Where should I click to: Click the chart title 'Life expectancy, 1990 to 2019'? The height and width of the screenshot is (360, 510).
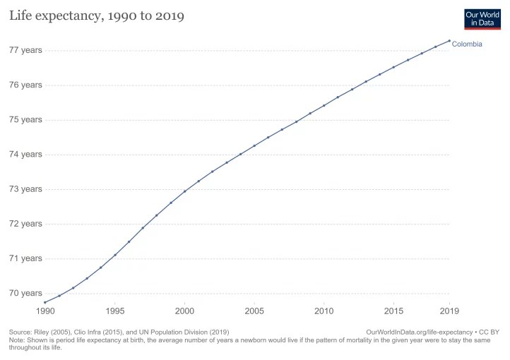click(96, 16)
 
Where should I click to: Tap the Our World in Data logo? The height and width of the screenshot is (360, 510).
click(482, 18)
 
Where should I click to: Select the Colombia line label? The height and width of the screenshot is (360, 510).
click(467, 44)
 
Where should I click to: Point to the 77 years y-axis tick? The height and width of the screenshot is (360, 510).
click(25, 50)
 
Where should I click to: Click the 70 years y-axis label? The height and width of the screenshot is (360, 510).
click(25, 293)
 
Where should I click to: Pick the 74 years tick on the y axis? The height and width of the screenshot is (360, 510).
click(25, 155)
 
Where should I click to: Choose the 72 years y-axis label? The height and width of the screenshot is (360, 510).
click(25, 224)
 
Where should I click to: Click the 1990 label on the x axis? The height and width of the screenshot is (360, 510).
click(45, 311)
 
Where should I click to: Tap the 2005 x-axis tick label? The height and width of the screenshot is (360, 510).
click(254, 311)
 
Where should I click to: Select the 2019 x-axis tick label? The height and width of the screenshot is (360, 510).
click(449, 311)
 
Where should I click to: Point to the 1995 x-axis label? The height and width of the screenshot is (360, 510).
click(115, 311)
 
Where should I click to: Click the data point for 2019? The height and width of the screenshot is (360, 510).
click(449, 41)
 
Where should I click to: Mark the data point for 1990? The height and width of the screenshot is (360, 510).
click(45, 302)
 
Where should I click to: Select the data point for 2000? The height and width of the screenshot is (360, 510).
click(184, 191)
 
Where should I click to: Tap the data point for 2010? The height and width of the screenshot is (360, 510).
click(324, 106)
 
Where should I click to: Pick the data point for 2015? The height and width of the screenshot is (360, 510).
click(393, 67)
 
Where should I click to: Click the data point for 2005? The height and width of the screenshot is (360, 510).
click(254, 145)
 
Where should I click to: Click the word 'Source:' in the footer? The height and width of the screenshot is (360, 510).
click(20, 332)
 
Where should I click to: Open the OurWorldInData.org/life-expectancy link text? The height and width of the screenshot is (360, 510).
click(419, 332)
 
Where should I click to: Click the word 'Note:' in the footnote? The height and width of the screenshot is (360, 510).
click(17, 340)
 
